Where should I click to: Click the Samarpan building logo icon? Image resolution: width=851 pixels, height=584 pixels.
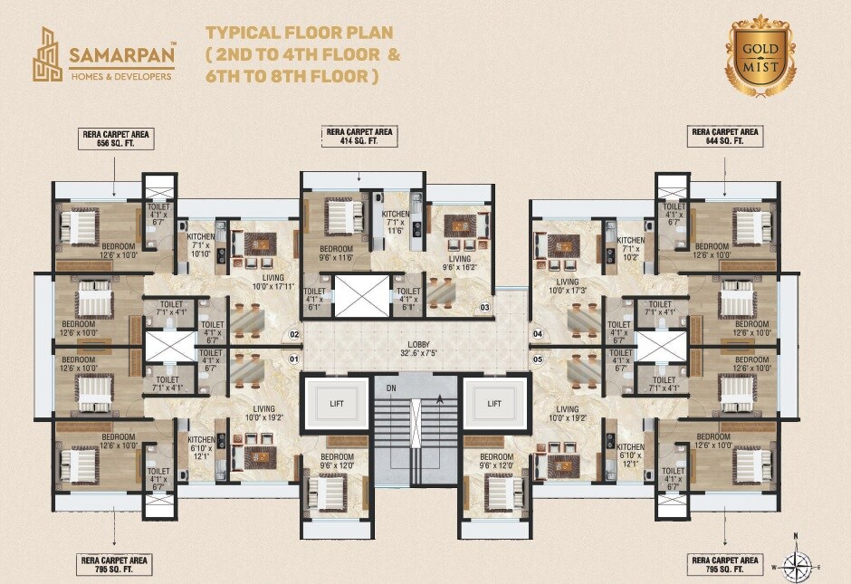(x=49, y=54)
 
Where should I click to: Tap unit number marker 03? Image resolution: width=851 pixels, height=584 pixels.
(x=484, y=308)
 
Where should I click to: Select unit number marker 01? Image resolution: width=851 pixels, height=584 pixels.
(x=293, y=359)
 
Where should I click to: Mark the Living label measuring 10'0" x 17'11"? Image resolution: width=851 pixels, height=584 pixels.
(x=267, y=283)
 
